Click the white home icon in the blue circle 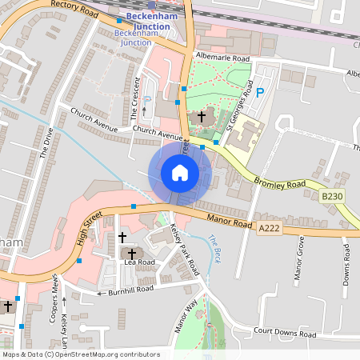[x=180, y=173]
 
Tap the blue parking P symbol [x=259, y=93]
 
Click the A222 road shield [x=270, y=229]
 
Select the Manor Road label [x=230, y=218]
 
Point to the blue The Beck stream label [x=214, y=248]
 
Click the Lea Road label [x=139, y=262]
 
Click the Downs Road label [x=346, y=263]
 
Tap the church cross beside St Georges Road [x=201, y=117]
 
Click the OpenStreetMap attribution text [x=81, y=354]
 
